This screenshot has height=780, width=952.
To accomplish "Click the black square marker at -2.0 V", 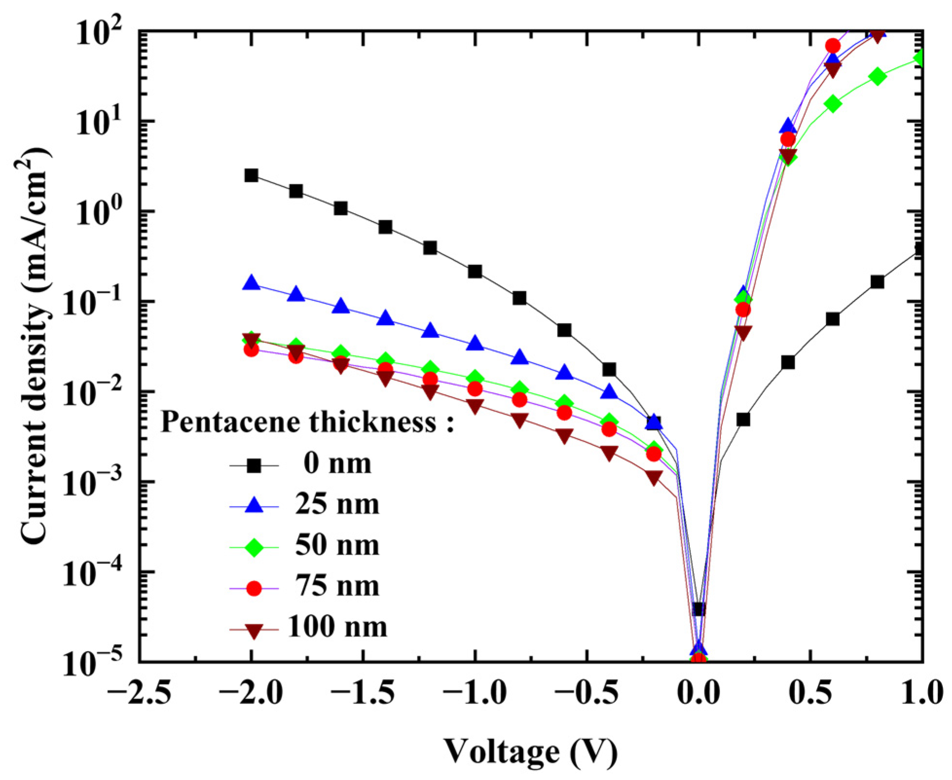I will point(251,176).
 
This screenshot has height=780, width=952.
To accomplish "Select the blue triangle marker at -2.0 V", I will point(251,283).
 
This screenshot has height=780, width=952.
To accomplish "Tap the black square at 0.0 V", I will point(699,609).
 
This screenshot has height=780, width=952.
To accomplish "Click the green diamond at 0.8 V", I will point(877,76).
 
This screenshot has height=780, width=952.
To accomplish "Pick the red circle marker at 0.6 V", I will point(833,46).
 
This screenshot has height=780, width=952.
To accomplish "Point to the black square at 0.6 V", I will point(833,319).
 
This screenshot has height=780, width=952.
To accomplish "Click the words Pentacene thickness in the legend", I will point(299,422).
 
